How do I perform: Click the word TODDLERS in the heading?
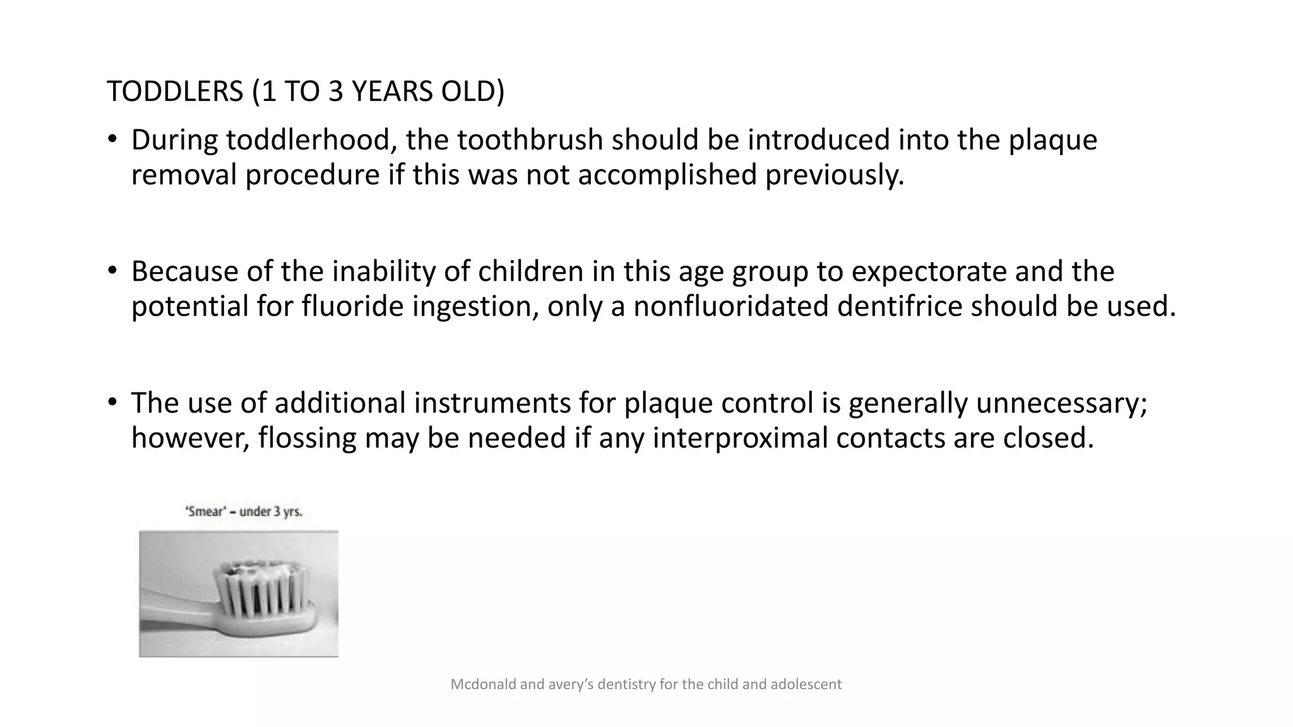(175, 92)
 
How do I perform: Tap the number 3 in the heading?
(335, 92)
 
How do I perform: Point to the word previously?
(835, 175)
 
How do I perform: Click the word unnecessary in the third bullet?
(1061, 403)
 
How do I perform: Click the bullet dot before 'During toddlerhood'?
(112, 140)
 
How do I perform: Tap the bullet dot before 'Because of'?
(112, 272)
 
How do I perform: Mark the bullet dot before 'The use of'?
(112, 403)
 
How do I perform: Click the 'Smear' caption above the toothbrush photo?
(244, 512)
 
